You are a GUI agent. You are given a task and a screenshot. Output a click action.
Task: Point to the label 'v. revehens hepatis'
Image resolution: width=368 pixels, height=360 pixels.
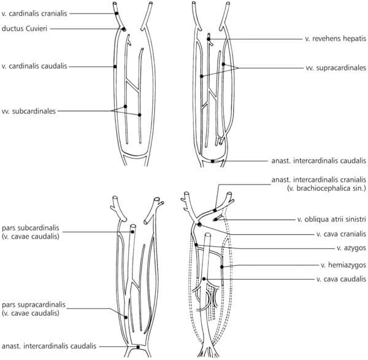click(x=332, y=39)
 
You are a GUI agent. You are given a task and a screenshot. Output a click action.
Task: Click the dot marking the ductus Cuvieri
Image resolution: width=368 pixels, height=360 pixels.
click(x=124, y=29)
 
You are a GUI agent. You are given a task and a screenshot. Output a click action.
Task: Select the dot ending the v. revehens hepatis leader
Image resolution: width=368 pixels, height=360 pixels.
click(x=209, y=39)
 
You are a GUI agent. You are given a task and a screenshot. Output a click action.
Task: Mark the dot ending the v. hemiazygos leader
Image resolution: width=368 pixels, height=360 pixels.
click(x=230, y=266)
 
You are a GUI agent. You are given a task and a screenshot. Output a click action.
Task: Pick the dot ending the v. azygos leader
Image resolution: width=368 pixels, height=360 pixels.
click(x=196, y=245)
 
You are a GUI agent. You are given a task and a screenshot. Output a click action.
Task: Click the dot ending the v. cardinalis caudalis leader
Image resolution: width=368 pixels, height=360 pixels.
click(x=115, y=66)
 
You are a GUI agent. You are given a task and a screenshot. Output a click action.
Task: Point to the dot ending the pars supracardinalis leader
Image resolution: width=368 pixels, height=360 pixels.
click(x=126, y=317)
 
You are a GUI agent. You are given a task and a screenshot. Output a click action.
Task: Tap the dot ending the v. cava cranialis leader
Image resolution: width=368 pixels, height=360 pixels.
click(x=199, y=224)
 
